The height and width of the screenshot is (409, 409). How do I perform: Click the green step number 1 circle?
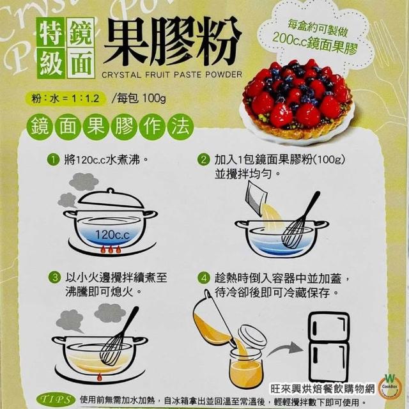(53, 160)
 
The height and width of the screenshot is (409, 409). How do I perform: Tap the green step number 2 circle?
(203, 160)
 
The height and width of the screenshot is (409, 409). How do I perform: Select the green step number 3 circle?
(55, 277)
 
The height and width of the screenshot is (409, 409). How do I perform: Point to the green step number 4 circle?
(204, 279)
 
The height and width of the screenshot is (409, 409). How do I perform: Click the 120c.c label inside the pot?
(112, 235)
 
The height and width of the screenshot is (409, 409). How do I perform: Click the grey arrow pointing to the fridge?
(286, 349)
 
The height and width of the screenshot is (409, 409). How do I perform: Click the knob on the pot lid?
(111, 190)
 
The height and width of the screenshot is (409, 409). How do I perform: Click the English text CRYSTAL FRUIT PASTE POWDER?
(172, 75)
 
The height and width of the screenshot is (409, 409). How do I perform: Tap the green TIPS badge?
(56, 399)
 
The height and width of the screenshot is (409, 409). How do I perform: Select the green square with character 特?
(50, 32)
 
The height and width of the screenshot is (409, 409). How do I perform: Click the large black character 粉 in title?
(218, 40)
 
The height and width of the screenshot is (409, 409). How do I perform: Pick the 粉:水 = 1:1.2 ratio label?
(65, 98)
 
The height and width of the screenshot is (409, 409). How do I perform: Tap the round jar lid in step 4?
(252, 337)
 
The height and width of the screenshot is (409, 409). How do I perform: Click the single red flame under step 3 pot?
(99, 377)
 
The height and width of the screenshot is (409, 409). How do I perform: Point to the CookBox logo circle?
(390, 387)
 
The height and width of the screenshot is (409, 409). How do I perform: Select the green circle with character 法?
(180, 127)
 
